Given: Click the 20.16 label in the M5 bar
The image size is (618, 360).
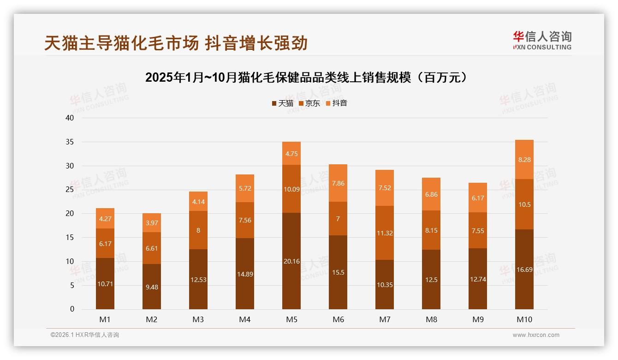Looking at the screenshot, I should (x=291, y=261).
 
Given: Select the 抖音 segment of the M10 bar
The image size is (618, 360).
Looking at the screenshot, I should (x=524, y=160).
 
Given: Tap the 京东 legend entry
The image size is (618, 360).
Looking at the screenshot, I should (x=309, y=103).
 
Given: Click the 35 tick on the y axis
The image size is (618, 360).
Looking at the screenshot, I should (x=70, y=142).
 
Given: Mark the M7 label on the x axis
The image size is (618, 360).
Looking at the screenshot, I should (x=385, y=319).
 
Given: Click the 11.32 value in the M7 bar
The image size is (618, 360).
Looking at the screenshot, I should (x=385, y=233).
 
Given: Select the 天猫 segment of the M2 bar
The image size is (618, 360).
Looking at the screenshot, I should (x=152, y=287).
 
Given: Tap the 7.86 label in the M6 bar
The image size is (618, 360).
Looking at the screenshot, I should (x=338, y=183).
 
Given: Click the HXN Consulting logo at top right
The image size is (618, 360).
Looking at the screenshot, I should (x=542, y=41).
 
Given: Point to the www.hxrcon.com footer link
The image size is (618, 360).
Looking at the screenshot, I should (x=536, y=335).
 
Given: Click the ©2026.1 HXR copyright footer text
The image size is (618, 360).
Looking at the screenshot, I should (x=85, y=335).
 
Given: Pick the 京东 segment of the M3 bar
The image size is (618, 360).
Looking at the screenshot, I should (x=198, y=230).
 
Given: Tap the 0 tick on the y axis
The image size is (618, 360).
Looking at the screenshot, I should (x=72, y=309).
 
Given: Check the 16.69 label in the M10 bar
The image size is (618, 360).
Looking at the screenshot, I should (x=524, y=270).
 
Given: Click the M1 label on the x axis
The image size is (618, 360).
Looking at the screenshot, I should (x=105, y=319).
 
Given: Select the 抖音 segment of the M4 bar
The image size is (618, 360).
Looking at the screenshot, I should (x=245, y=188).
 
